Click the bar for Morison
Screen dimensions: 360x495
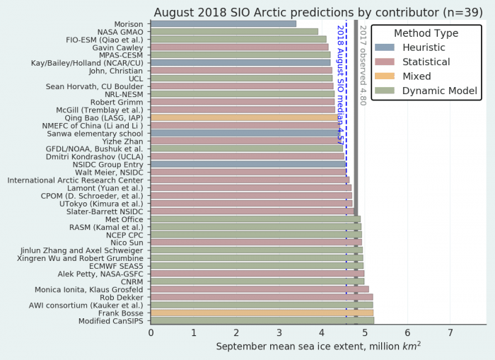pos(223,23)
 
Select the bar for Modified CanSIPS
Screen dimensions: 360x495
pos(262,320)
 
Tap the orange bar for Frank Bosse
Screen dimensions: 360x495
pos(262,313)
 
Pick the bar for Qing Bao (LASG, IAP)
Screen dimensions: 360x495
pos(245,117)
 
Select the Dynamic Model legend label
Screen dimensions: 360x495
pos(440,91)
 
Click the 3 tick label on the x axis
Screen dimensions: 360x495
pos(279,332)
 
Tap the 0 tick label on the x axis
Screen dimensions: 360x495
pos(151,332)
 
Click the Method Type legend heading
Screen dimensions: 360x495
pos(426,33)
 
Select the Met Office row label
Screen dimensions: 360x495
pos(124,219)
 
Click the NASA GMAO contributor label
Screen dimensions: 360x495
pos(117,31)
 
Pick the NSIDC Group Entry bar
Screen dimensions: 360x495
pos(248,164)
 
